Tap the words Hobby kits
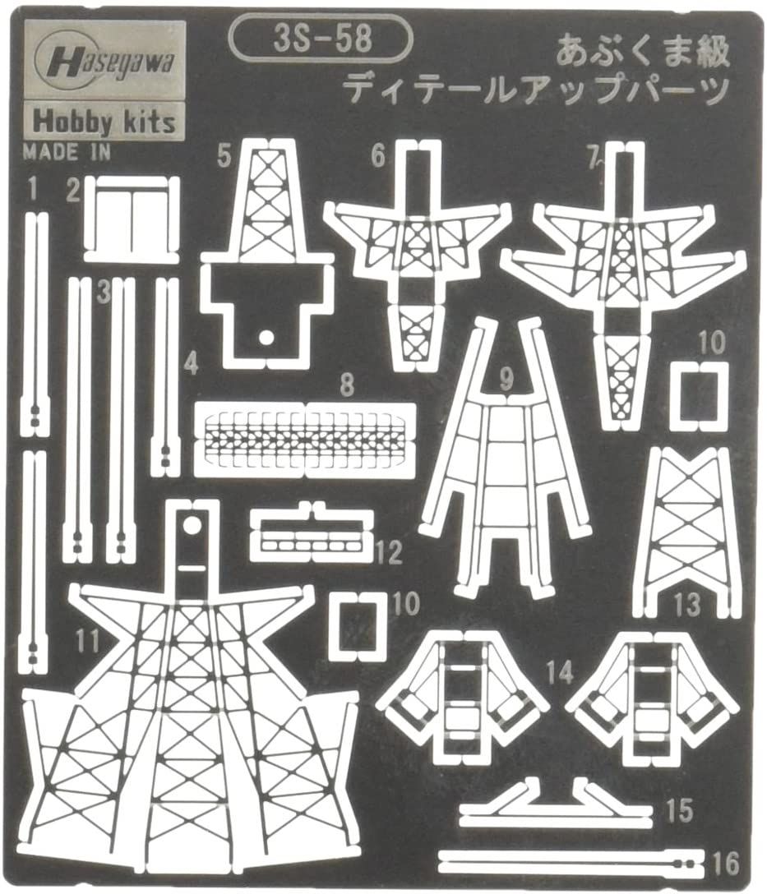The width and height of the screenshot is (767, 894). (x=104, y=121)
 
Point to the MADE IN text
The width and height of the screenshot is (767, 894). (x=67, y=151)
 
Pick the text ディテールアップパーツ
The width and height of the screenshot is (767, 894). (x=536, y=90)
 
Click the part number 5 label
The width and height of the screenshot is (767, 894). (x=224, y=155)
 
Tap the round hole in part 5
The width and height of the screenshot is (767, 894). (x=265, y=336)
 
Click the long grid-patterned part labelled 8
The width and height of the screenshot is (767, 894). (x=303, y=440)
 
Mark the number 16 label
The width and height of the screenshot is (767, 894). (x=727, y=864)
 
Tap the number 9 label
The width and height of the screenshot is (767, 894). (x=506, y=380)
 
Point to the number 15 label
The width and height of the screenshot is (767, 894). (x=682, y=811)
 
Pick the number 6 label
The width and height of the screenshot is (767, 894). (x=377, y=156)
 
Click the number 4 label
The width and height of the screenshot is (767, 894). (x=192, y=363)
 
